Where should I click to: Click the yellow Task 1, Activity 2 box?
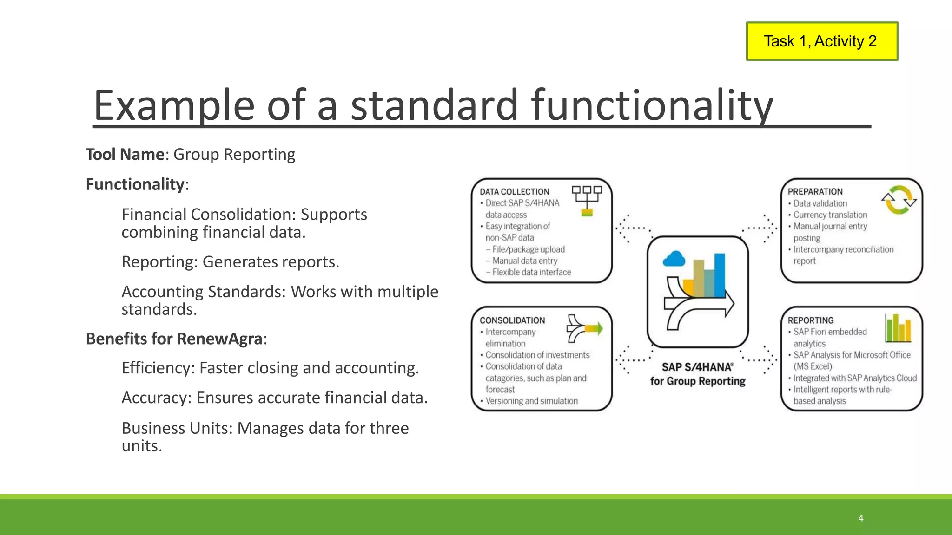point(821,41)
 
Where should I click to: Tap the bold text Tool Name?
point(125,154)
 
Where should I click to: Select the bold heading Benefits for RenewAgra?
point(174,339)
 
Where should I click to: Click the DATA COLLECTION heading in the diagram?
point(514,191)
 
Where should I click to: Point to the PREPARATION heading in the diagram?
point(815,191)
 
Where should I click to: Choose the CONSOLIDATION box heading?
point(512,320)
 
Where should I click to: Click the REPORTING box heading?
point(810,320)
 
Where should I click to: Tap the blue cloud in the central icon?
point(674,259)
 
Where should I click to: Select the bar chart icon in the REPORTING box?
point(898,328)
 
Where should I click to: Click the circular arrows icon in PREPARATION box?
point(899,200)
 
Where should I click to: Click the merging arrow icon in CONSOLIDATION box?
point(584,328)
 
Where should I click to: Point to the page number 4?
point(860,518)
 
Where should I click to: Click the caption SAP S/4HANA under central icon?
point(697,367)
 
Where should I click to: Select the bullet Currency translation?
point(830,215)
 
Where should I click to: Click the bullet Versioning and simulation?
point(531,401)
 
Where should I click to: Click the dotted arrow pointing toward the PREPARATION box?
point(760,228)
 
